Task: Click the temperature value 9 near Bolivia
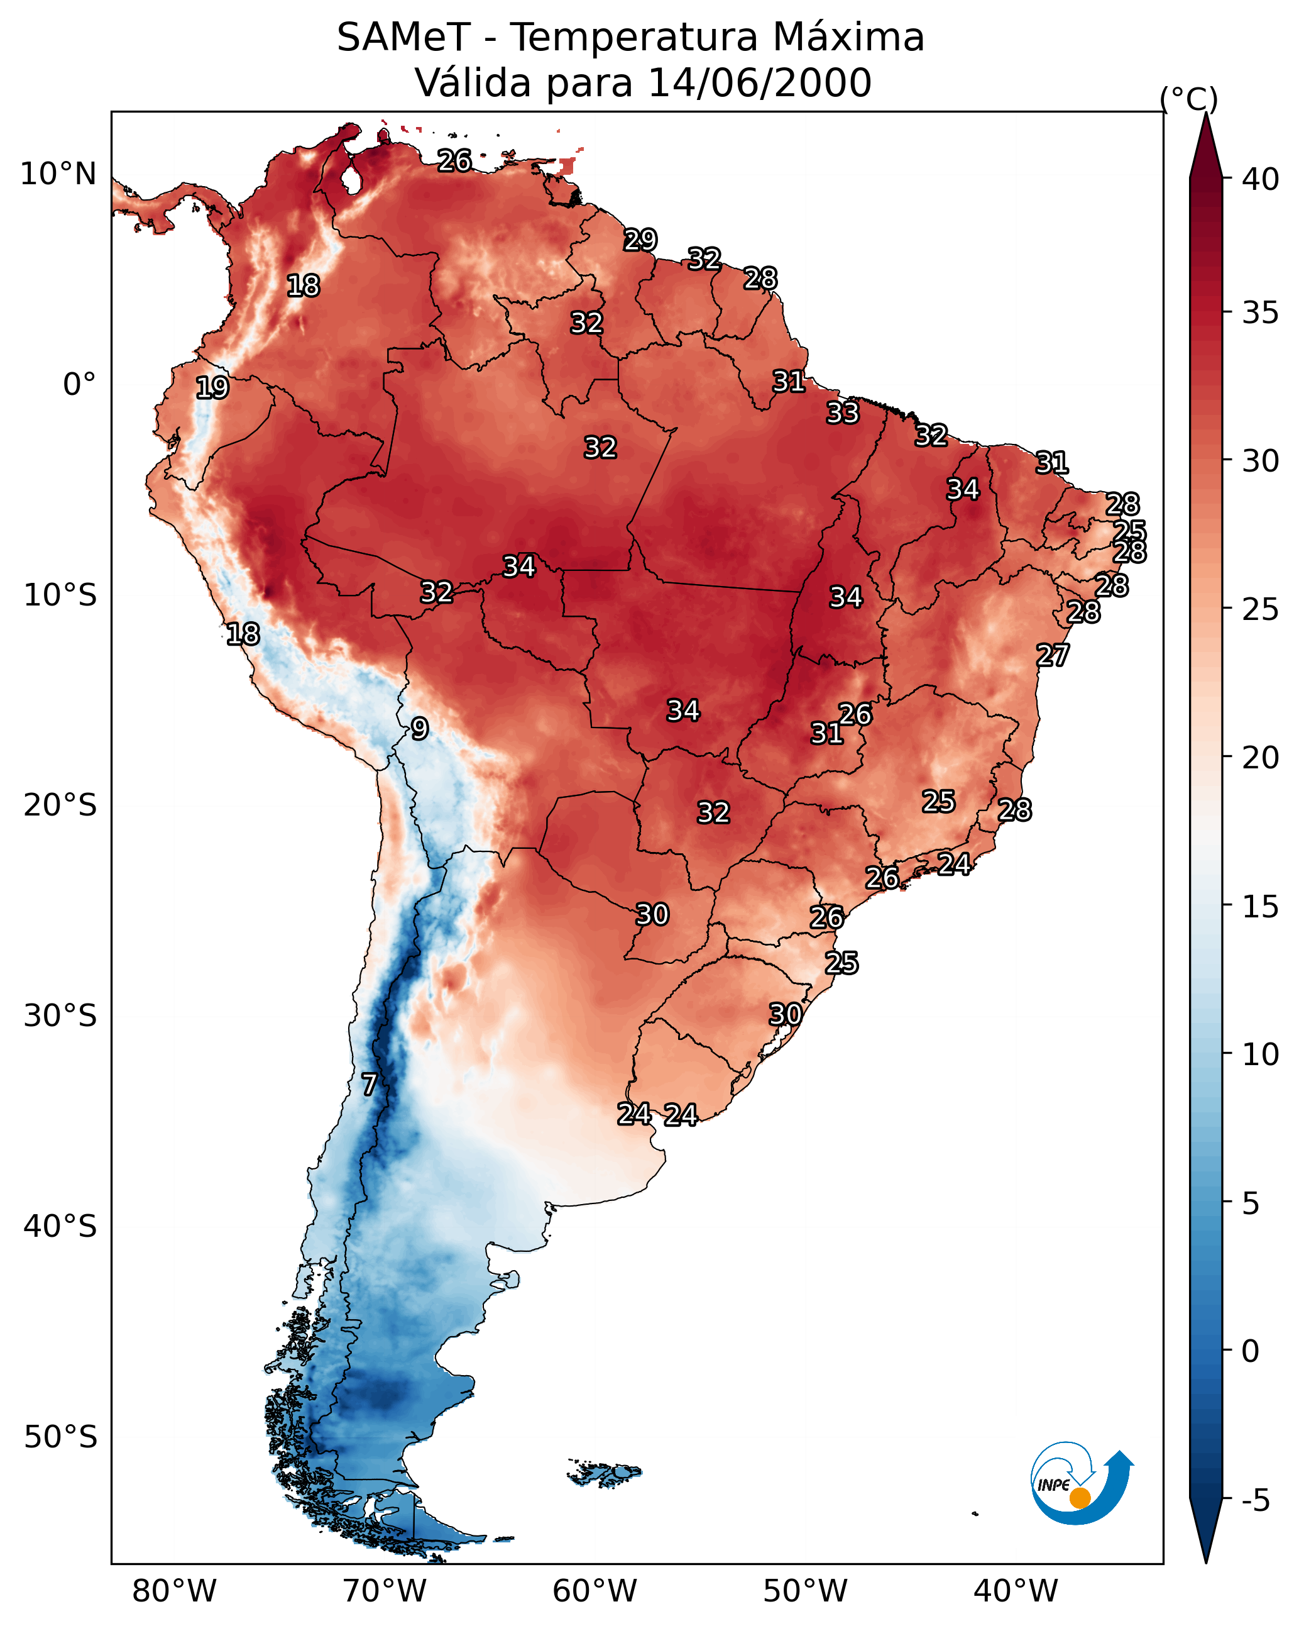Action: pyautogui.click(x=419, y=729)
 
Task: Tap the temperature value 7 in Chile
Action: pyautogui.click(x=369, y=1085)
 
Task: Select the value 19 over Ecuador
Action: pyautogui.click(x=212, y=388)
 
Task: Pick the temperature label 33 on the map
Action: pyautogui.click(x=842, y=412)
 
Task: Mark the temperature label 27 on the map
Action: pyautogui.click(x=1052, y=655)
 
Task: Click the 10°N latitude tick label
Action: pyautogui.click(x=58, y=174)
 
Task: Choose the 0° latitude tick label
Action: pyautogui.click(x=79, y=385)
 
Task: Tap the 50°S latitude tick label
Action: pyautogui.click(x=60, y=1437)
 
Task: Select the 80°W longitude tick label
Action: pyautogui.click(x=174, y=1591)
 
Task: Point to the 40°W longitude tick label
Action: pyautogui.click(x=1016, y=1591)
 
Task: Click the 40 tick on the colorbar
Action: pyautogui.click(x=1260, y=179)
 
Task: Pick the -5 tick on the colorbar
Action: pyautogui.click(x=1255, y=1501)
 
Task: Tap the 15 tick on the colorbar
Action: pyautogui.click(x=1260, y=907)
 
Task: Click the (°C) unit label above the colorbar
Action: pyautogui.click(x=1188, y=99)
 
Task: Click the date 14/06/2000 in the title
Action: pyautogui.click(x=759, y=83)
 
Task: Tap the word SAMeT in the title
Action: pyautogui.click(x=403, y=38)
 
